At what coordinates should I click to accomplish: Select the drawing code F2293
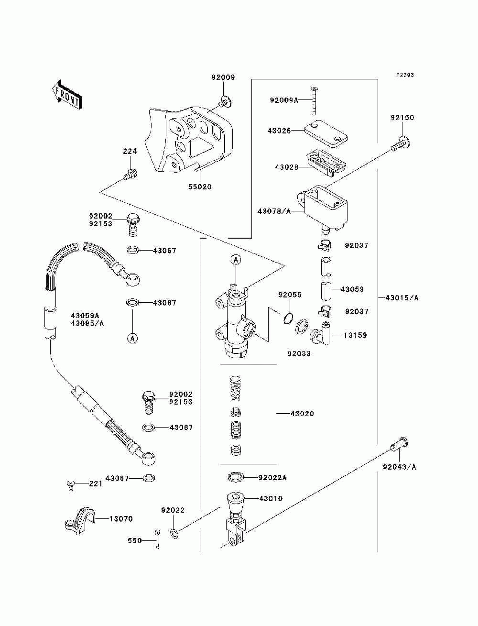pyautogui.click(x=404, y=75)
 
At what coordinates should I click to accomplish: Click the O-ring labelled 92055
pyautogui.click(x=288, y=318)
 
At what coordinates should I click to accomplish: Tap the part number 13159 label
pyautogui.click(x=355, y=335)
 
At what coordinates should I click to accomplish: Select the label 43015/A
pyautogui.click(x=402, y=297)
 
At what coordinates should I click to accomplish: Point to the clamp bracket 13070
pyautogui.click(x=77, y=519)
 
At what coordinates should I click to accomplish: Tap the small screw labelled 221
pyautogui.click(x=70, y=485)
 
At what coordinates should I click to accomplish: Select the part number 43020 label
pyautogui.click(x=302, y=413)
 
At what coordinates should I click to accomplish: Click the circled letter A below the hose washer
pyautogui.click(x=132, y=338)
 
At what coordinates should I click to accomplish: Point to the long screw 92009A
pyautogui.click(x=314, y=101)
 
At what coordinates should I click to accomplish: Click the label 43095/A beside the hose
pyautogui.click(x=87, y=323)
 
